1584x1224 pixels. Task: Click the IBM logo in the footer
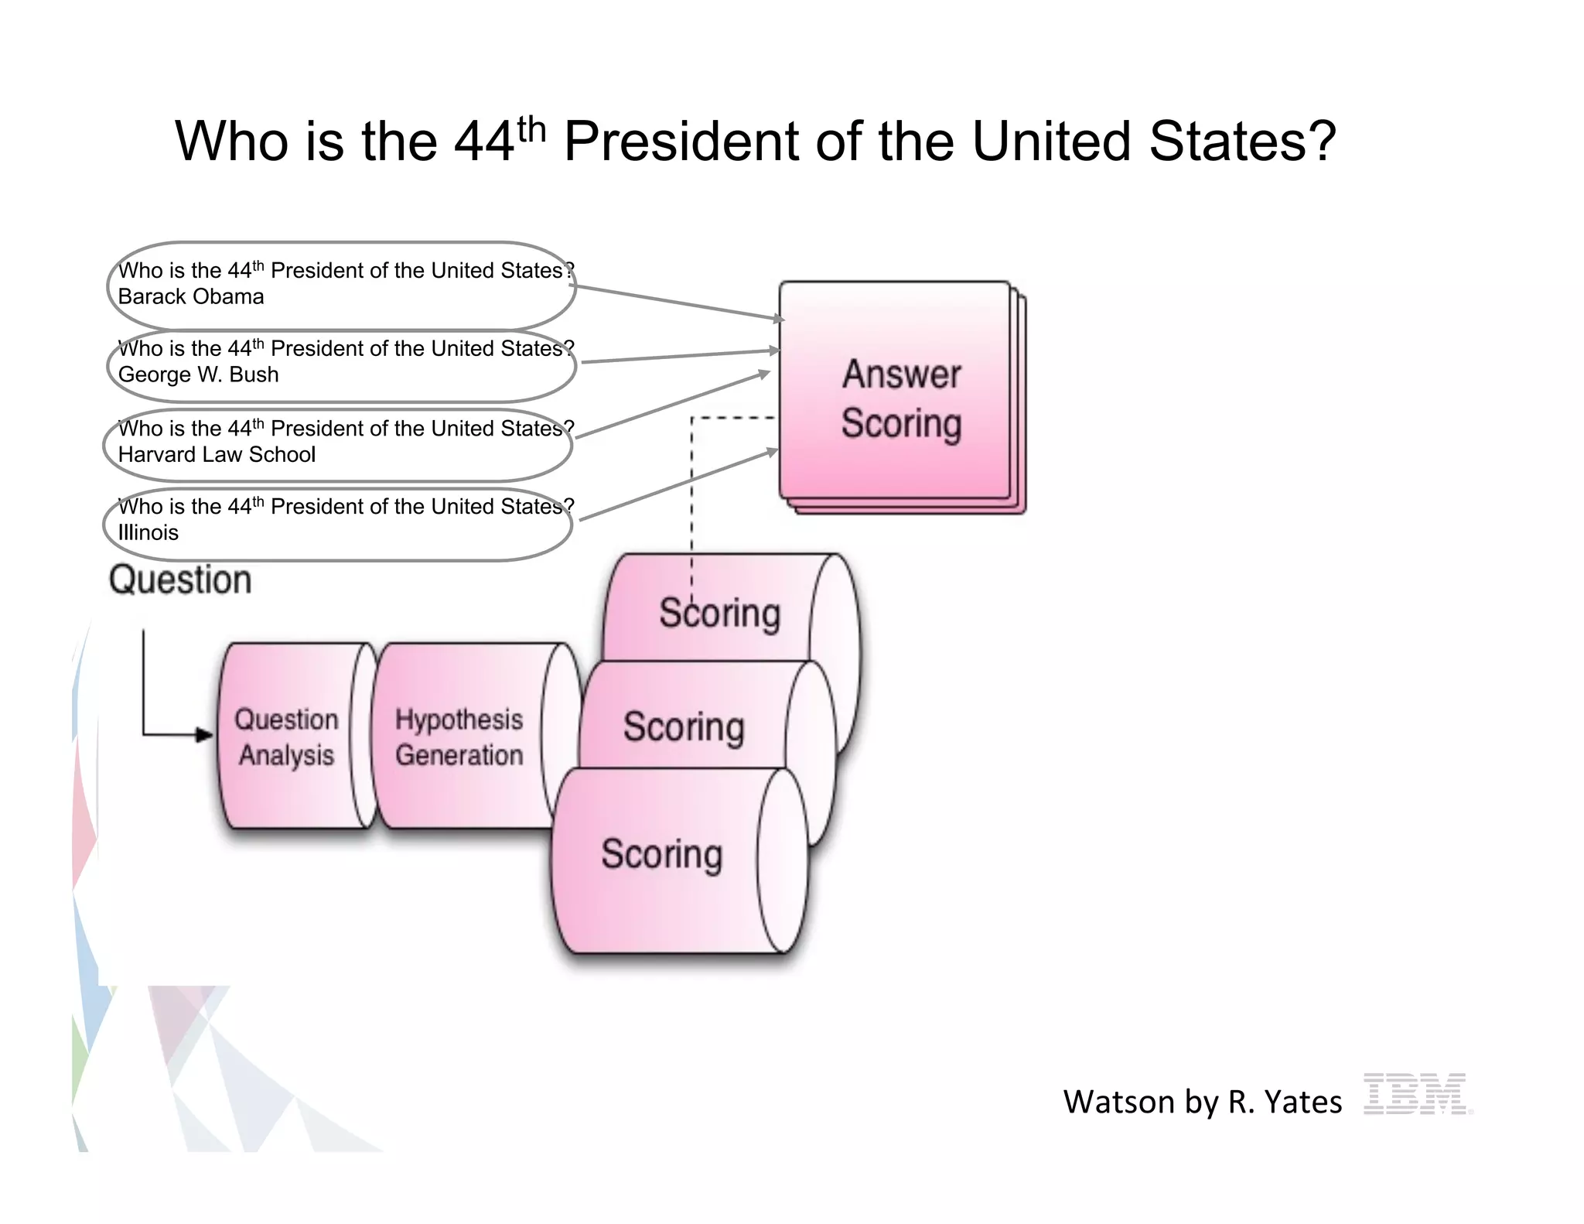pos(1417,1093)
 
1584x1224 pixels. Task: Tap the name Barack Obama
pos(191,297)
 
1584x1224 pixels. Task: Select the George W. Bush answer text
pos(198,374)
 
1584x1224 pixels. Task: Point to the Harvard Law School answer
pos(217,455)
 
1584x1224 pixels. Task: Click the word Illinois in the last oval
pos(148,533)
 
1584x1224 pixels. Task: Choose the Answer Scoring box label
pos(901,399)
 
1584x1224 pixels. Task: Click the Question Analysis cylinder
pos(286,737)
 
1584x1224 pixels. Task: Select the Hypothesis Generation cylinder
pos(459,737)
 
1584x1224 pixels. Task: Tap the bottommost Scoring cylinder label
pos(661,854)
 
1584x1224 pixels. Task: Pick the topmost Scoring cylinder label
pos(719,613)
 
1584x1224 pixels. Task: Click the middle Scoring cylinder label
pos(684,727)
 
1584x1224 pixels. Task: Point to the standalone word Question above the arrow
pos(180,580)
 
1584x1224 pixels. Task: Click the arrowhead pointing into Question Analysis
pos(205,734)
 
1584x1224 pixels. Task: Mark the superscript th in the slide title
pos(531,129)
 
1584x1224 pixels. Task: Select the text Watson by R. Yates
pos(1202,1102)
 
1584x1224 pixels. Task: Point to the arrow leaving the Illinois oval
pos(678,484)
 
